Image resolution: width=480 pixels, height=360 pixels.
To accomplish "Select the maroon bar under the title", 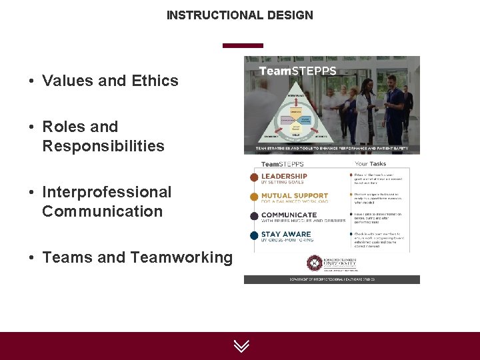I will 243,45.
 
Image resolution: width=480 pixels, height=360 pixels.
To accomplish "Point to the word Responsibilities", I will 103,146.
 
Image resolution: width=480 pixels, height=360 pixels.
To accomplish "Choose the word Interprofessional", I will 107,192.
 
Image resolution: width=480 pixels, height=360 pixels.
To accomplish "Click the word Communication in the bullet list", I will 102,211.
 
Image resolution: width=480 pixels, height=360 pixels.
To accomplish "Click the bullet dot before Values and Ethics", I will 31,82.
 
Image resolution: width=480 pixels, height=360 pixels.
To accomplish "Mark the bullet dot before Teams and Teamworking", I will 31,258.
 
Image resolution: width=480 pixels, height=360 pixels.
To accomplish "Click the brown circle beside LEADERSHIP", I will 254,177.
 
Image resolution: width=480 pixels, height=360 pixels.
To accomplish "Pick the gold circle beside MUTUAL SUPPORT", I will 254,197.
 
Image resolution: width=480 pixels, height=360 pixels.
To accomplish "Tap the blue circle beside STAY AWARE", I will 254,235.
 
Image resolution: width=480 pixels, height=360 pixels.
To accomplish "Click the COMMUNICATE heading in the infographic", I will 289,215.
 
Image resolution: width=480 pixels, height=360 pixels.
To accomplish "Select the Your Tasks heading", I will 371,163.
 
